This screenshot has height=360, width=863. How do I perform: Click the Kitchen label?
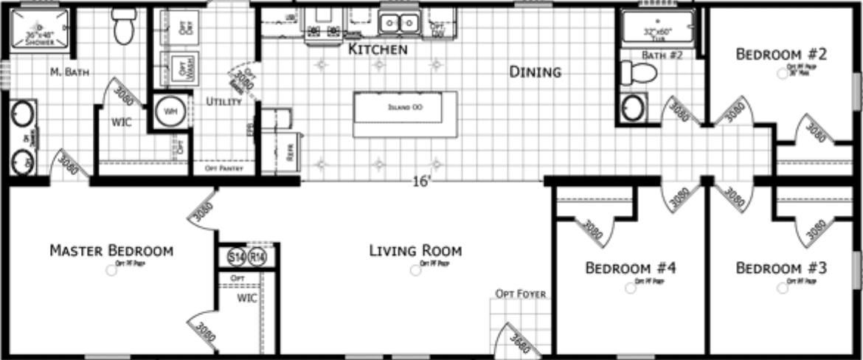378,50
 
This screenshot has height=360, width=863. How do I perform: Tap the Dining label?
535,72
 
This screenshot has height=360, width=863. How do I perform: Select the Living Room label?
415,251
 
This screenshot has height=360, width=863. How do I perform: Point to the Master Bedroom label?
111,251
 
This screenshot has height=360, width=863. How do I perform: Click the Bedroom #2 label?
781,54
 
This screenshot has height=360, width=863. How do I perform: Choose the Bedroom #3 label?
781,267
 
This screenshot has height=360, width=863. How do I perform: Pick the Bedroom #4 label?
631,267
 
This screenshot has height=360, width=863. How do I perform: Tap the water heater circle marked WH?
170,112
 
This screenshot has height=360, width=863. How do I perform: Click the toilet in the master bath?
124,27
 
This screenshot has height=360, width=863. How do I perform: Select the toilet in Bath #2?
639,73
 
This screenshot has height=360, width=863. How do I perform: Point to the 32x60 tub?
657,27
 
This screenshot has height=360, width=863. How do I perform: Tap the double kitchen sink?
398,24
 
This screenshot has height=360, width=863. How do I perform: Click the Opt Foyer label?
521,294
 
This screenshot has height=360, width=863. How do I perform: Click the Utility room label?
223,101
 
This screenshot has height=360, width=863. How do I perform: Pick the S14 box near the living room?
236,257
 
